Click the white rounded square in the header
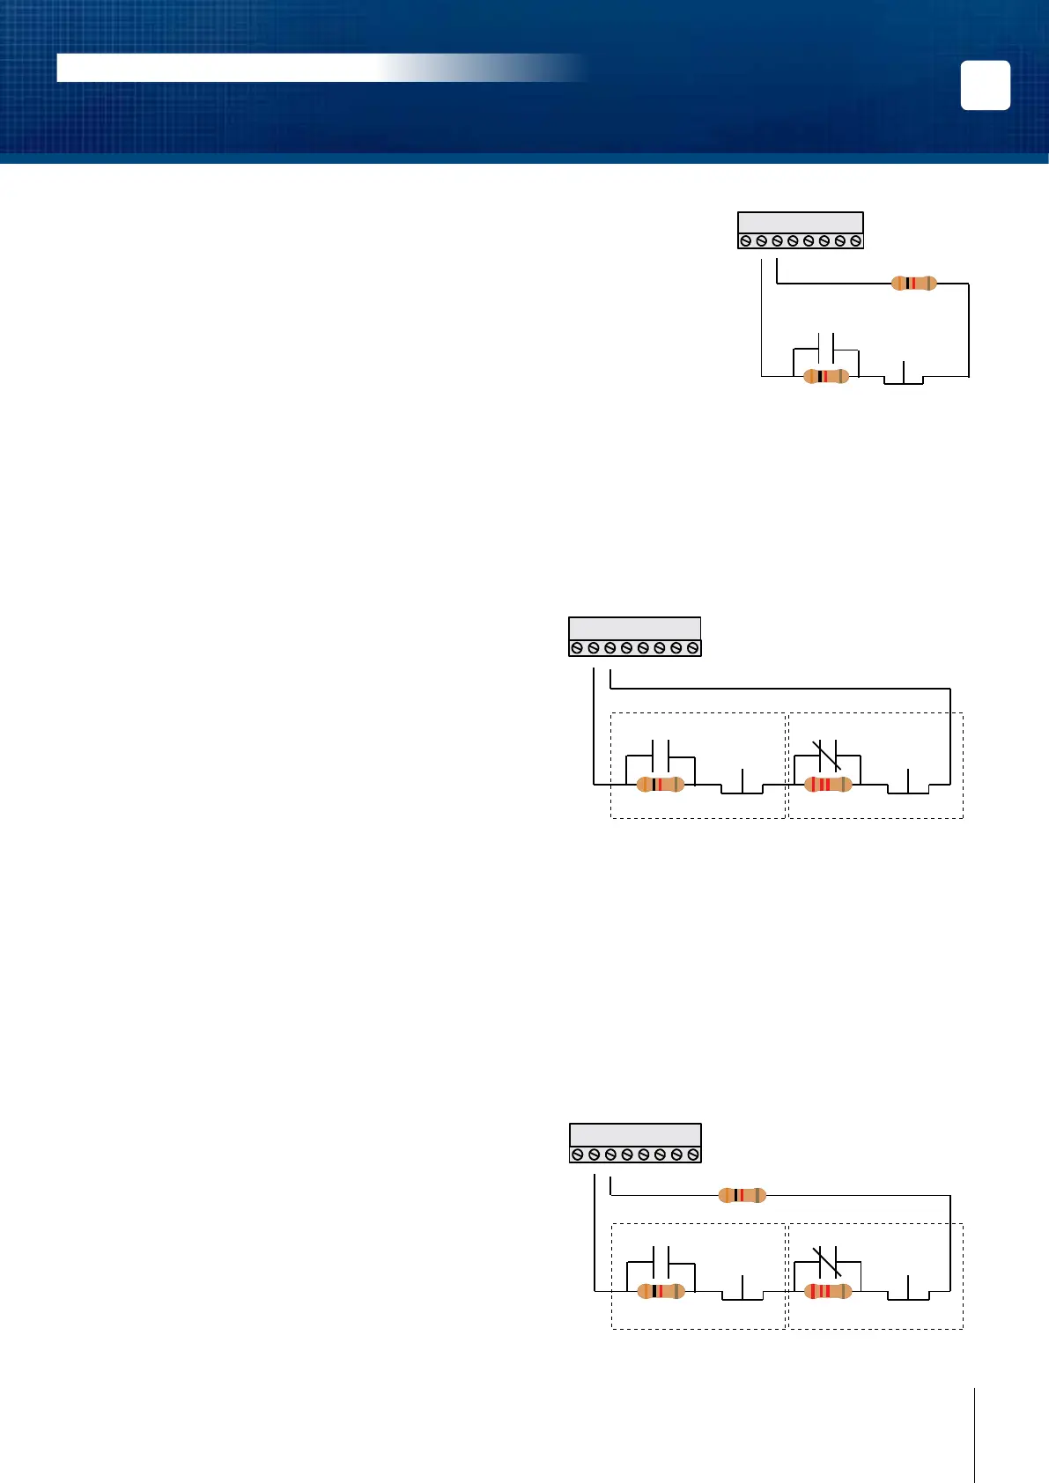pyautogui.click(x=985, y=85)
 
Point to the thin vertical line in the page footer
pyautogui.click(x=975, y=1435)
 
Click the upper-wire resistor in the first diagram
pyautogui.click(x=913, y=283)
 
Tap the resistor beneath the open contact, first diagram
pyautogui.click(x=826, y=376)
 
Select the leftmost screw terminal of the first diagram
pyautogui.click(x=746, y=240)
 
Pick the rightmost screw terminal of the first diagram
pyautogui.click(x=855, y=240)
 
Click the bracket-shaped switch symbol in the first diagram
pyautogui.click(x=904, y=375)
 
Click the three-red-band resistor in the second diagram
pyautogui.click(x=828, y=784)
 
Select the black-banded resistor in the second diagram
pyautogui.click(x=660, y=784)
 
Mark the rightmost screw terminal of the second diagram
pyautogui.click(x=693, y=648)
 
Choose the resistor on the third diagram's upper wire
pyautogui.click(x=742, y=1195)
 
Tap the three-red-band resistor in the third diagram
pyautogui.click(x=828, y=1292)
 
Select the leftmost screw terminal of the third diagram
pyautogui.click(x=578, y=1154)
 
